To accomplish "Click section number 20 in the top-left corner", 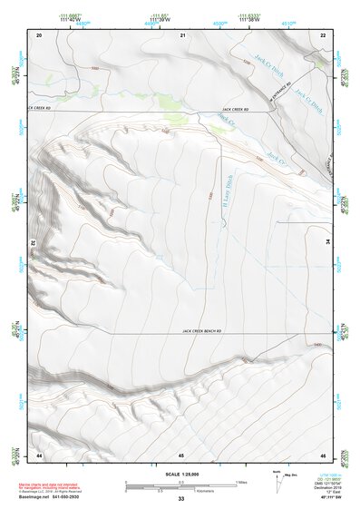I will pyautogui.click(x=39, y=34).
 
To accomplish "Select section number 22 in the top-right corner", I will pyautogui.click(x=322, y=34).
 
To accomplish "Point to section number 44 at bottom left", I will pyautogui.click(x=39, y=454).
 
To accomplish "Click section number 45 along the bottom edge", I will pyautogui.click(x=181, y=454).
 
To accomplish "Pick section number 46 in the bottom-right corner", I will pyautogui.click(x=322, y=454).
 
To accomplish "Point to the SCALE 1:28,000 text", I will pyautogui.click(x=181, y=474).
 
